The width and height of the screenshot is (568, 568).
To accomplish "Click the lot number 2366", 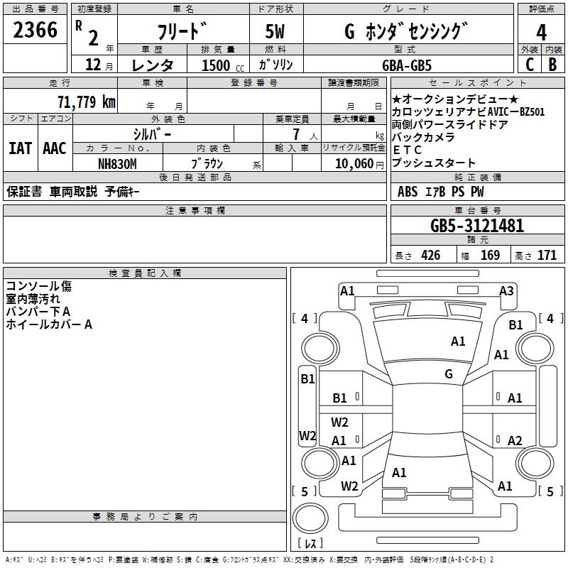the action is pyautogui.click(x=35, y=31).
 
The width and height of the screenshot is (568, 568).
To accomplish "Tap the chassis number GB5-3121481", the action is pyautogui.click(x=477, y=226).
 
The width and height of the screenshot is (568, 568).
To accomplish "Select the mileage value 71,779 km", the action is pyautogui.click(x=86, y=102).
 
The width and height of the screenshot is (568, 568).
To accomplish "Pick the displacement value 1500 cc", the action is pyautogui.click(x=220, y=65).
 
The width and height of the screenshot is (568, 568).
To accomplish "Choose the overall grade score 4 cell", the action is pyautogui.click(x=542, y=32).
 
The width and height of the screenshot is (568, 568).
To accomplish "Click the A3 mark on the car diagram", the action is pyautogui.click(x=506, y=290).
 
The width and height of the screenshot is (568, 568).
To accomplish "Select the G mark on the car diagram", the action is pyautogui.click(x=449, y=374).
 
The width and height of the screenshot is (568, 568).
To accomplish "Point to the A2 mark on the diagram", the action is pyautogui.click(x=515, y=440).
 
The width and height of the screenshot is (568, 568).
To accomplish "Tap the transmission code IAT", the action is pyautogui.click(x=20, y=148).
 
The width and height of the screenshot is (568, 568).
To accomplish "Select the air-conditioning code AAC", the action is pyautogui.click(x=55, y=148).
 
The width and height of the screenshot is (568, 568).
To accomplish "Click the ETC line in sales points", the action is pyautogui.click(x=408, y=150).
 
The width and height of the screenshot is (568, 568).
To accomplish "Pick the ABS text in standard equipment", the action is pyautogui.click(x=408, y=191).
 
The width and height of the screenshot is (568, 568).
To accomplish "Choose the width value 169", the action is pyautogui.click(x=490, y=256).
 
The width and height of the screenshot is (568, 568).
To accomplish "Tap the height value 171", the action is pyautogui.click(x=547, y=256).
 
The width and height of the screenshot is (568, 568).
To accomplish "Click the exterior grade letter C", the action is pyautogui.click(x=530, y=65).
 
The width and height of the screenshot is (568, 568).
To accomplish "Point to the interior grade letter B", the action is pyautogui.click(x=552, y=65).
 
